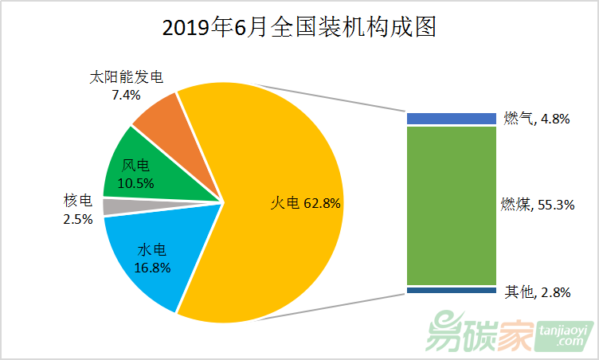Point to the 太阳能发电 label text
(127, 78)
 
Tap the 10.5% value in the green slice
(135, 182)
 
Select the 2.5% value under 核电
(78, 217)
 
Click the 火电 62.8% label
(305, 204)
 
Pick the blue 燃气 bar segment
(451, 119)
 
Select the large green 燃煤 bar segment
(451, 205)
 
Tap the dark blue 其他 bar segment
(451, 291)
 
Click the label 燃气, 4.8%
(536, 119)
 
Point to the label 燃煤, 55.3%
(537, 205)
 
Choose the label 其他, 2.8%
(537, 292)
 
